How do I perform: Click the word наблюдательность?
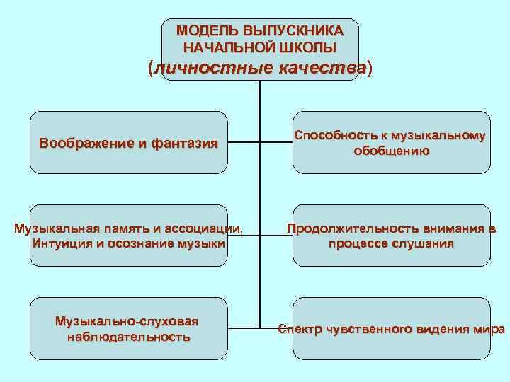(x=128, y=337)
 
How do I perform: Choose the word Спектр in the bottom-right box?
(x=301, y=330)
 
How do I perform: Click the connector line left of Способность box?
(x=276, y=141)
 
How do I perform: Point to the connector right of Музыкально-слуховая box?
(x=244, y=328)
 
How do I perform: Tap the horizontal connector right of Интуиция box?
(x=244, y=235)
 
